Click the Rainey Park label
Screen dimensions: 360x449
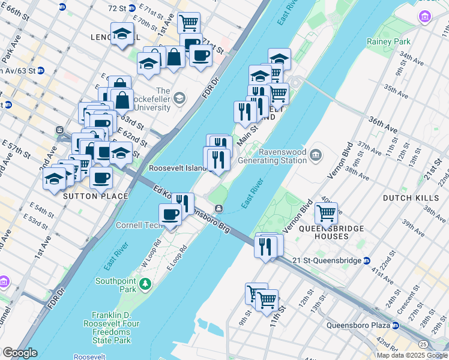coord(388,42)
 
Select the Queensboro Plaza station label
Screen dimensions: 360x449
coord(359,326)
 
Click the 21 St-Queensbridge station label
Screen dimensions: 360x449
coord(330,260)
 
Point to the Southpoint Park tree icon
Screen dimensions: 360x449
coord(143,283)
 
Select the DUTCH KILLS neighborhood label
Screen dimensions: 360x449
coord(406,197)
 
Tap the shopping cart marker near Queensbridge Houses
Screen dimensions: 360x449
coord(326,212)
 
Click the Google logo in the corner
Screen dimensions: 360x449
coord(20,353)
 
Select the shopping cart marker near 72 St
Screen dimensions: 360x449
coord(189,22)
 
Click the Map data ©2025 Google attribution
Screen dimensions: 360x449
coord(412,355)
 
